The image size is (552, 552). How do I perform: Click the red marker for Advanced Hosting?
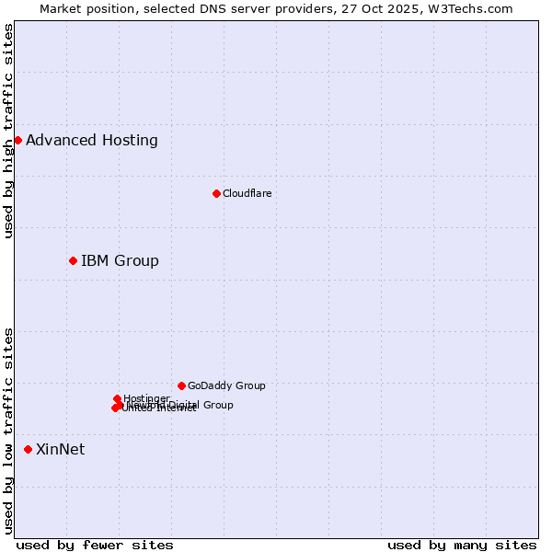[x=17, y=140]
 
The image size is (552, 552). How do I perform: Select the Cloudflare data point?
[x=216, y=193]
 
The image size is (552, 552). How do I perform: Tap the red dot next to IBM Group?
[x=73, y=260]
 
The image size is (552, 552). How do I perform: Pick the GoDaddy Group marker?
[x=181, y=385]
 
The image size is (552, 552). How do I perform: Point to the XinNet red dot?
[x=28, y=449]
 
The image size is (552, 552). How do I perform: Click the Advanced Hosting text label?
[x=92, y=141]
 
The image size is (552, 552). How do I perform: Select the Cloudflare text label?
[x=247, y=193]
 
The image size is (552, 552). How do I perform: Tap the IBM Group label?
[x=120, y=261]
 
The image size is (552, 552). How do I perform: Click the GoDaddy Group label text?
[x=226, y=385]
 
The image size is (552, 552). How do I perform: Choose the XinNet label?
[x=60, y=450]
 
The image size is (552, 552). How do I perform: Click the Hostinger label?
[x=146, y=398]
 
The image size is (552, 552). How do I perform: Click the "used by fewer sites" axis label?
[x=95, y=545]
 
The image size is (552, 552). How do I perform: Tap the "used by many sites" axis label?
[x=462, y=545]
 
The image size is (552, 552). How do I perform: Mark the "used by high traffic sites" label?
[x=9, y=131]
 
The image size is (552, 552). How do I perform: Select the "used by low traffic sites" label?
[x=9, y=430]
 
